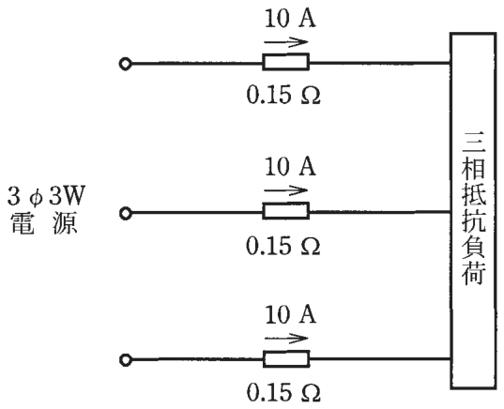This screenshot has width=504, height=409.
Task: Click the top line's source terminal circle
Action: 125,64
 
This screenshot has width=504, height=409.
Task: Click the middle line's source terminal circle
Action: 125,213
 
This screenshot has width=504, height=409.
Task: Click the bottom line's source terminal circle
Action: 125,360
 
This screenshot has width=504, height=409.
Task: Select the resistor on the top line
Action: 285,62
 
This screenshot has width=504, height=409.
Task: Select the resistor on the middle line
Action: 285,211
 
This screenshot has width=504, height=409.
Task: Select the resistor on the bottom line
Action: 286,359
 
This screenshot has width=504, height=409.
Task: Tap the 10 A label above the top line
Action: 290,19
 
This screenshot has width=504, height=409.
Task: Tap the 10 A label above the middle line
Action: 290,166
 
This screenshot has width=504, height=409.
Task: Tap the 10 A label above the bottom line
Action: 290,314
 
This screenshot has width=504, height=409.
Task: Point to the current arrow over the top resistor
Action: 285,42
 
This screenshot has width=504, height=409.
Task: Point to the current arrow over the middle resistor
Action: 285,190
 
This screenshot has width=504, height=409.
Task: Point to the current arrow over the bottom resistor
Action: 286,339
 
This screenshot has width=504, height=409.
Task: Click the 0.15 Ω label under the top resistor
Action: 283,95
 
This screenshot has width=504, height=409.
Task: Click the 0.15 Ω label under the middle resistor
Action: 283,246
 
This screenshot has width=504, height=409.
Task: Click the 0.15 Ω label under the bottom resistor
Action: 283,392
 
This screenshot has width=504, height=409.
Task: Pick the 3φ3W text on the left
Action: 46,196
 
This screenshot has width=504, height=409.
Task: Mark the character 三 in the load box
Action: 473,142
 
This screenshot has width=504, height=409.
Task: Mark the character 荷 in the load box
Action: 473,274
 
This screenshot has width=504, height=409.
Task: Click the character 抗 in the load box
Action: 473,220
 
